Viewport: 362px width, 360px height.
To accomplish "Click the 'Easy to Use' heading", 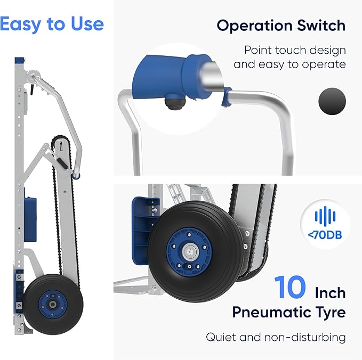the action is point(52,24).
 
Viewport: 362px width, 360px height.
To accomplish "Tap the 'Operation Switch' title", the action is point(281,26).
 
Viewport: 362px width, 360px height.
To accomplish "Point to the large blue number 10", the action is point(290,287).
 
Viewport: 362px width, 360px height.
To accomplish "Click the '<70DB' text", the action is point(325,235).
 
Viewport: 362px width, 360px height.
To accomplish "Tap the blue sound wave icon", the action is point(325,216).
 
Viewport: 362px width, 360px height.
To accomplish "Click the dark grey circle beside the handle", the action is point(332,101).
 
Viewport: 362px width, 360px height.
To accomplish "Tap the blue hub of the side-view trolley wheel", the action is point(53,305).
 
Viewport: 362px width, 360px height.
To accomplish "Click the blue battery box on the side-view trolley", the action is point(30,218).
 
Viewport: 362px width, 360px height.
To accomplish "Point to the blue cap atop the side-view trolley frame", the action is point(20,61).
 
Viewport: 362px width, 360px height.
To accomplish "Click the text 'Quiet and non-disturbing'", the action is point(276,337).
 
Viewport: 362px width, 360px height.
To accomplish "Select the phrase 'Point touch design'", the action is point(295,50).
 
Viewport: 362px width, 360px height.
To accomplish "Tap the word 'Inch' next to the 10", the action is point(331,293).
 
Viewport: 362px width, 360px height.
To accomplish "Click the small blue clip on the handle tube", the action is point(226,97).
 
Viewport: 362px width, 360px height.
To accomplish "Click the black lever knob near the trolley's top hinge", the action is point(31,91).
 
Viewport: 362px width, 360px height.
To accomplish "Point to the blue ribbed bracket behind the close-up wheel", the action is point(143,231).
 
